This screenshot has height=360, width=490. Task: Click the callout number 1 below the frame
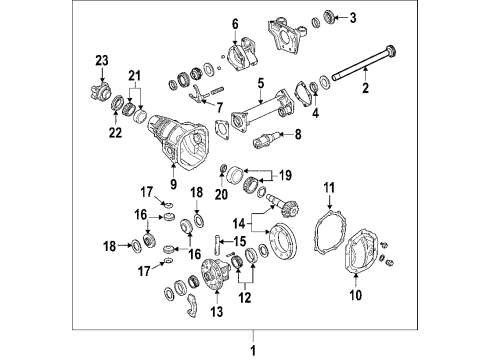click(x=252, y=349)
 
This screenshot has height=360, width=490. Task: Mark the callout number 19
click(x=284, y=173)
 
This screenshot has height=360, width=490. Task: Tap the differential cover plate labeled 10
click(x=362, y=259)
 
